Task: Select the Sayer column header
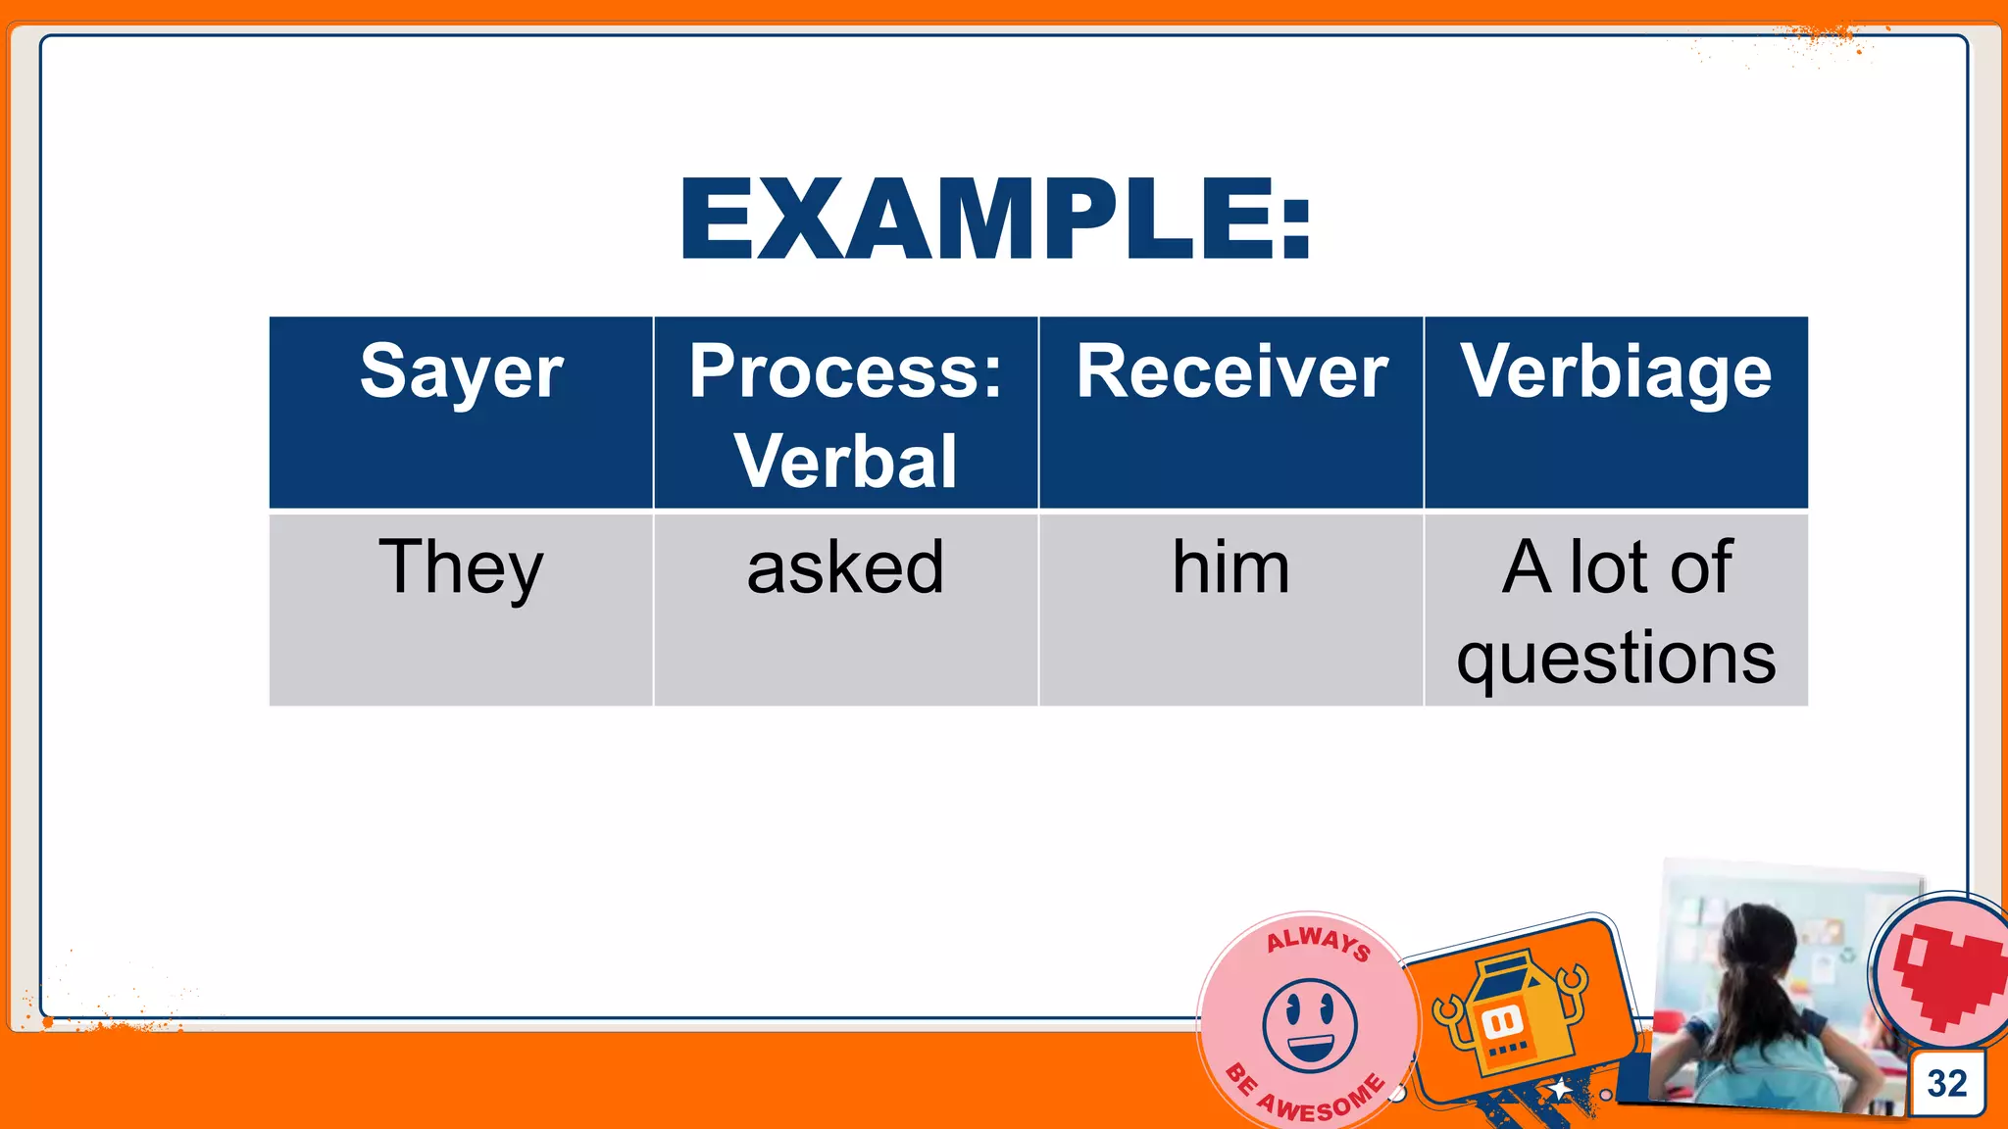pos(461,372)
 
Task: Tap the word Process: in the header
pos(845,371)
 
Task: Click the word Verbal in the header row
pos(845,461)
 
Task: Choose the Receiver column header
pos(1231,372)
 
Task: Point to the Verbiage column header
pos(1616,372)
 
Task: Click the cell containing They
pos(461,568)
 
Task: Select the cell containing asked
pos(845,568)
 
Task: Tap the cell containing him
pos(1230,568)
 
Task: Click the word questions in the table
pos(1616,658)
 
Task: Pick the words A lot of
pos(1616,567)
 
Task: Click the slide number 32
pos(1946,1083)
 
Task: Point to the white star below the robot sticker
pos(1559,1090)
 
